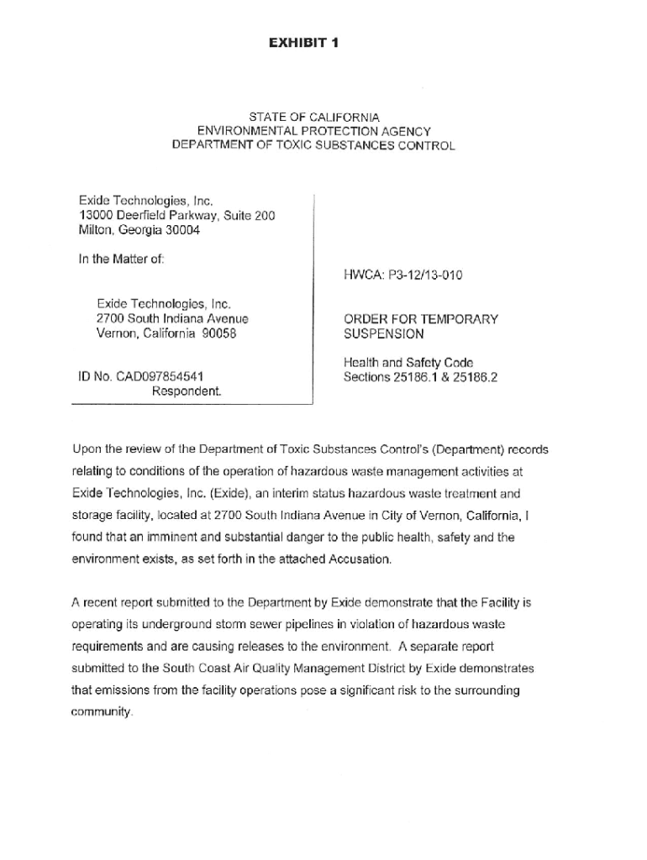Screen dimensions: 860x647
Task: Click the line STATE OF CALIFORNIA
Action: (313, 117)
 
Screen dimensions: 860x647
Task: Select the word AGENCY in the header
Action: (403, 131)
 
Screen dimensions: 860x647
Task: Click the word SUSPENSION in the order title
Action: (383, 333)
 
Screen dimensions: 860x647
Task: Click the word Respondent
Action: (187, 391)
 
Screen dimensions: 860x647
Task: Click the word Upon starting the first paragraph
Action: (87, 450)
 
